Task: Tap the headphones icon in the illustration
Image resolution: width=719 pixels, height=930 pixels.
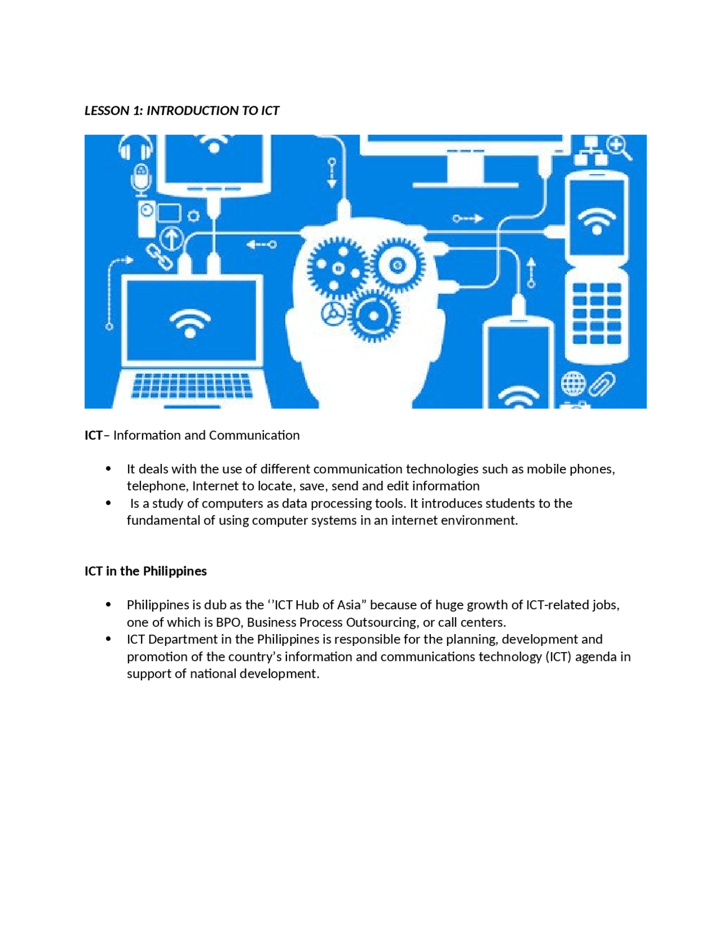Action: [135, 148]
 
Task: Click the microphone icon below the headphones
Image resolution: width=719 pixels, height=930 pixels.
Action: [141, 179]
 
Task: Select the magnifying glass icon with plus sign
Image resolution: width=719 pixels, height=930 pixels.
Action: [618, 147]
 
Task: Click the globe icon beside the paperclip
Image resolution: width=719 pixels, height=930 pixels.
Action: [573, 384]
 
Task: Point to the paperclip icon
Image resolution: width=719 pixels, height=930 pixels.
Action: [602, 384]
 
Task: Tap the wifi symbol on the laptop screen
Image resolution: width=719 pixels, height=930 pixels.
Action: [190, 323]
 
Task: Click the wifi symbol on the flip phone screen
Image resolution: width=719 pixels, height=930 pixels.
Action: [596, 220]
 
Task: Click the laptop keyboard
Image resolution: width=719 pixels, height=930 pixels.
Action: [192, 386]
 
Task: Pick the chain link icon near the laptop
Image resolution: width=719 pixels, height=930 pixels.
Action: [160, 257]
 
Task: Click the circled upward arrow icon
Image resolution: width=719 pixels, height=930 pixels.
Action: [172, 239]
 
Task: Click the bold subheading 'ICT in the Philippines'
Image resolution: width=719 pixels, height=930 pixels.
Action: [145, 571]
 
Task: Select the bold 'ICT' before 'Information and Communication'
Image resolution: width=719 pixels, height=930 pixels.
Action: [93, 435]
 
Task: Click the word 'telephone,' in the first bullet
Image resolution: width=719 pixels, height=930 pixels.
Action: [157, 486]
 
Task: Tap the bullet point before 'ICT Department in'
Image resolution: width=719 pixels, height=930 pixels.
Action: [108, 639]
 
